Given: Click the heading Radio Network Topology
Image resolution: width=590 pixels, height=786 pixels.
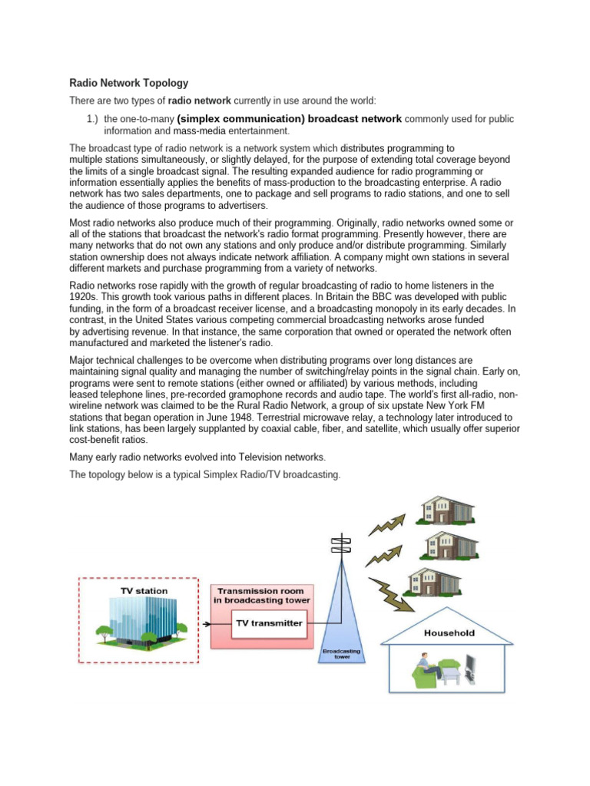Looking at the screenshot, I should (x=128, y=83).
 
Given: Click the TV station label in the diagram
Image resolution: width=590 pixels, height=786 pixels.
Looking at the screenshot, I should (x=144, y=591).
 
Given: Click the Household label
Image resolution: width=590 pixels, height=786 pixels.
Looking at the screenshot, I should (x=449, y=633).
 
